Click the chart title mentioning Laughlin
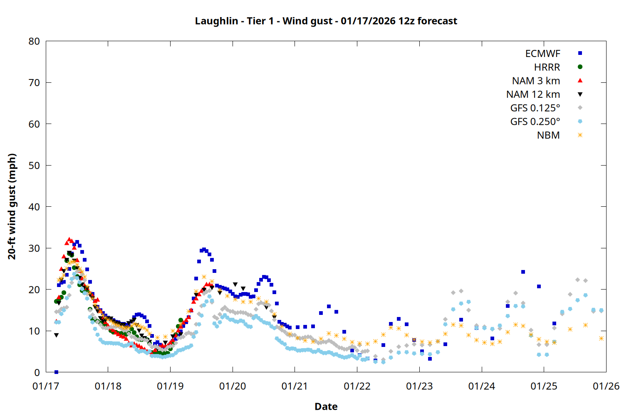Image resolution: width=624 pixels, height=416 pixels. (326, 21)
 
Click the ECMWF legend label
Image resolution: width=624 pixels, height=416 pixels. (542, 54)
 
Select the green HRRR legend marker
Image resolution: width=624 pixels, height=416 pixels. (580, 67)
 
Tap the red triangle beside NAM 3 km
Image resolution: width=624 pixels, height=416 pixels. (580, 80)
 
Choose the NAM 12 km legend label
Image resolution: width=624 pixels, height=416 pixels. (533, 94)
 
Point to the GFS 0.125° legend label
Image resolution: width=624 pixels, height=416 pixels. (535, 108)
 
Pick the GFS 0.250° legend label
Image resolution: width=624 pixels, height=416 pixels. (535, 122)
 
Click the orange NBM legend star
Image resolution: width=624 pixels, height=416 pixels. (580, 135)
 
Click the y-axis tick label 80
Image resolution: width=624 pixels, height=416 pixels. (35, 41)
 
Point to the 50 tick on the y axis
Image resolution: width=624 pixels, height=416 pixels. (35, 166)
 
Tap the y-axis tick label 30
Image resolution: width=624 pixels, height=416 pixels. (35, 248)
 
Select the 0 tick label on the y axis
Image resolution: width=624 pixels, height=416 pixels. (37, 373)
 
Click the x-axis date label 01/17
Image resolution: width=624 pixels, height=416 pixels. (46, 386)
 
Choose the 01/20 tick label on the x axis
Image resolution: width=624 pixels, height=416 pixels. (233, 386)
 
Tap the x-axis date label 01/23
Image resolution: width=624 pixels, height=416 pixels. (419, 386)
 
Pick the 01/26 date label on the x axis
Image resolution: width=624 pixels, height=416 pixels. (606, 386)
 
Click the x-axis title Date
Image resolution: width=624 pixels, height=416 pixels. (326, 406)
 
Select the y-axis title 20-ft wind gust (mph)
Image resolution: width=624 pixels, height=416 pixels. (12, 206)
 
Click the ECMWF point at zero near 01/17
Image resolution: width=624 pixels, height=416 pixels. (56, 372)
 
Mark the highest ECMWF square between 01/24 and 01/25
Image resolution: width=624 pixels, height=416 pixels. (523, 272)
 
